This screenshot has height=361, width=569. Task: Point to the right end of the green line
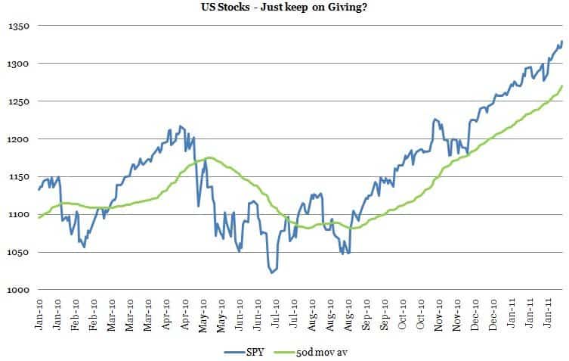562,86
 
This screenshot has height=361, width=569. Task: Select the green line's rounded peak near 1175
209,157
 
